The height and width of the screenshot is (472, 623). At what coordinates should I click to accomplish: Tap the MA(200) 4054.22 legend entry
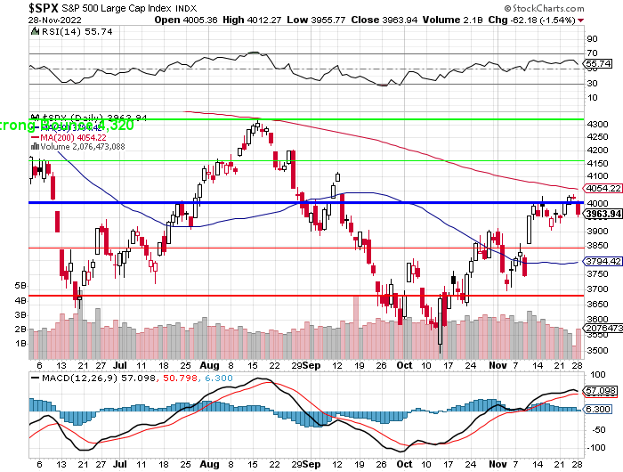click(x=73, y=137)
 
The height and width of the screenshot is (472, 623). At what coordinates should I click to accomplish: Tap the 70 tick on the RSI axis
click(x=590, y=53)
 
